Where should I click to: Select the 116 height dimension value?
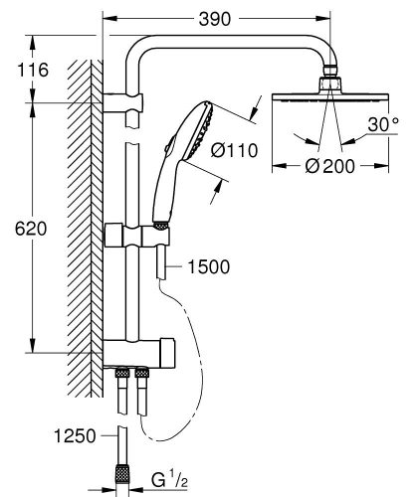point(35,71)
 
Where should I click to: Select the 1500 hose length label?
point(208,265)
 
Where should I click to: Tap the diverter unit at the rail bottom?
point(139,351)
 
